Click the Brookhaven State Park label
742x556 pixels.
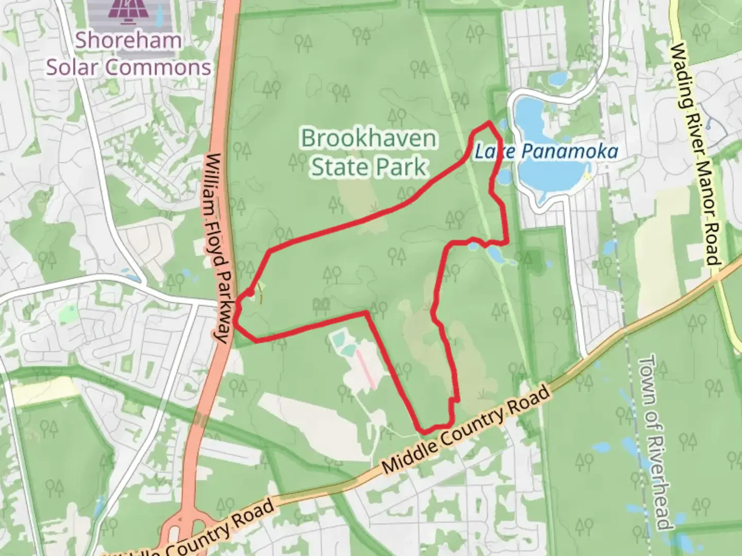[368, 152]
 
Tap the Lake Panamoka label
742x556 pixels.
[546, 151]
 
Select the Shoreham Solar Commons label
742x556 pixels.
[128, 54]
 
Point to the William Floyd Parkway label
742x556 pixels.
[217, 248]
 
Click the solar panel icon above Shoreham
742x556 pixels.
[127, 11]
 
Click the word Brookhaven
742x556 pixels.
[368, 138]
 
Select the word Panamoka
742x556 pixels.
[569, 151]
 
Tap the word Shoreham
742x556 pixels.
[128, 40]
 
